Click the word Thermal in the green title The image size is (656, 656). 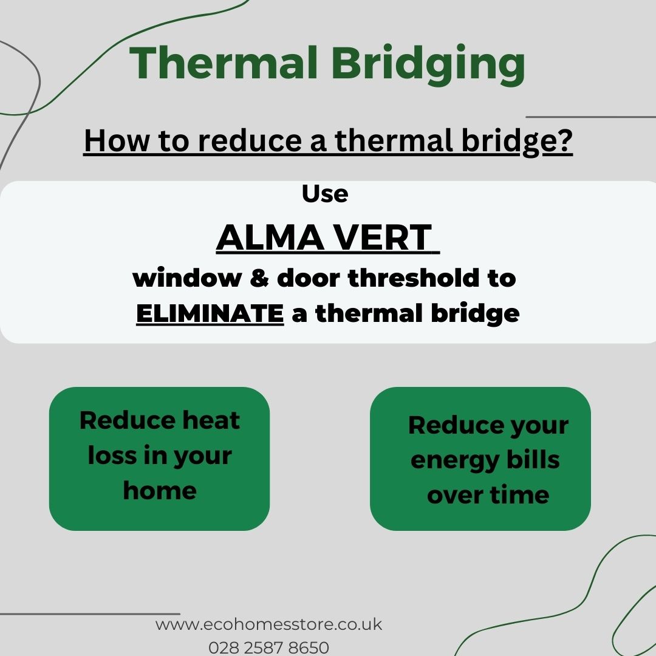[x=223, y=63]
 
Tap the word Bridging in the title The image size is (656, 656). [x=428, y=65]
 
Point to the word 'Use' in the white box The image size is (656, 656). [x=325, y=194]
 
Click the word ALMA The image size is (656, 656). [x=270, y=237]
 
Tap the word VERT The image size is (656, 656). [x=383, y=237]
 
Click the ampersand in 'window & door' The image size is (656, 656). [x=259, y=278]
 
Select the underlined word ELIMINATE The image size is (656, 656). [x=210, y=313]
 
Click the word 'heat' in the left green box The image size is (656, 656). [x=211, y=420]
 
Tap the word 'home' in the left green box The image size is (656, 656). [x=160, y=490]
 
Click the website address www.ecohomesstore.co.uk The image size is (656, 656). [x=268, y=624]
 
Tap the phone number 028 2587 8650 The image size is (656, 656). [x=268, y=647]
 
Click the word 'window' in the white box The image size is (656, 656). [x=187, y=278]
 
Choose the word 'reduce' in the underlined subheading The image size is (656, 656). [x=250, y=140]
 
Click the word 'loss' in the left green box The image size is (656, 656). [x=112, y=455]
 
